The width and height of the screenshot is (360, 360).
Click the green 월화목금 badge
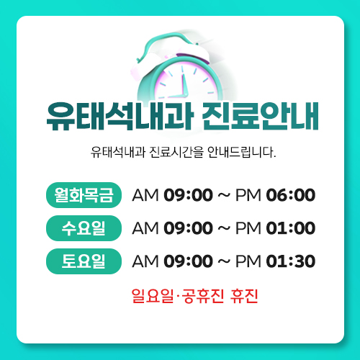84,195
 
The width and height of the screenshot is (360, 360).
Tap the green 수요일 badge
84,228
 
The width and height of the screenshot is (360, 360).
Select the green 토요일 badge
84,261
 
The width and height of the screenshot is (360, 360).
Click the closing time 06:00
291,195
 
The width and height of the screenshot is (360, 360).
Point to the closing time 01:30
291,261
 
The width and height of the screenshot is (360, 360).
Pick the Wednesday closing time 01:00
291,228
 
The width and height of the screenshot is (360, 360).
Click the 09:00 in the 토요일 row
188,261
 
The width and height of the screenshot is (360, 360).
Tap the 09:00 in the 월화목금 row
188,195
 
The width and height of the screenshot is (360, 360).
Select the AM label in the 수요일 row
145,228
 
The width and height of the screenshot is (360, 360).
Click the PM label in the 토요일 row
248,261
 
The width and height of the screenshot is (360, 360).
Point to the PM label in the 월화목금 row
248,195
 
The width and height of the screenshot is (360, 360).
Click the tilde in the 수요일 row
224,228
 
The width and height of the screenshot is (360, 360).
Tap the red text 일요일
153,296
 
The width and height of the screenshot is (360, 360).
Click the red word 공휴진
203,296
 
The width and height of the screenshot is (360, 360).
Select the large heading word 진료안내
260,117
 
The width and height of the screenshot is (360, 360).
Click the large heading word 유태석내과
120,117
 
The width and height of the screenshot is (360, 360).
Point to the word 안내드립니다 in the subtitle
241,152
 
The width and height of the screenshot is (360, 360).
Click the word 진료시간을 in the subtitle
176,152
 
